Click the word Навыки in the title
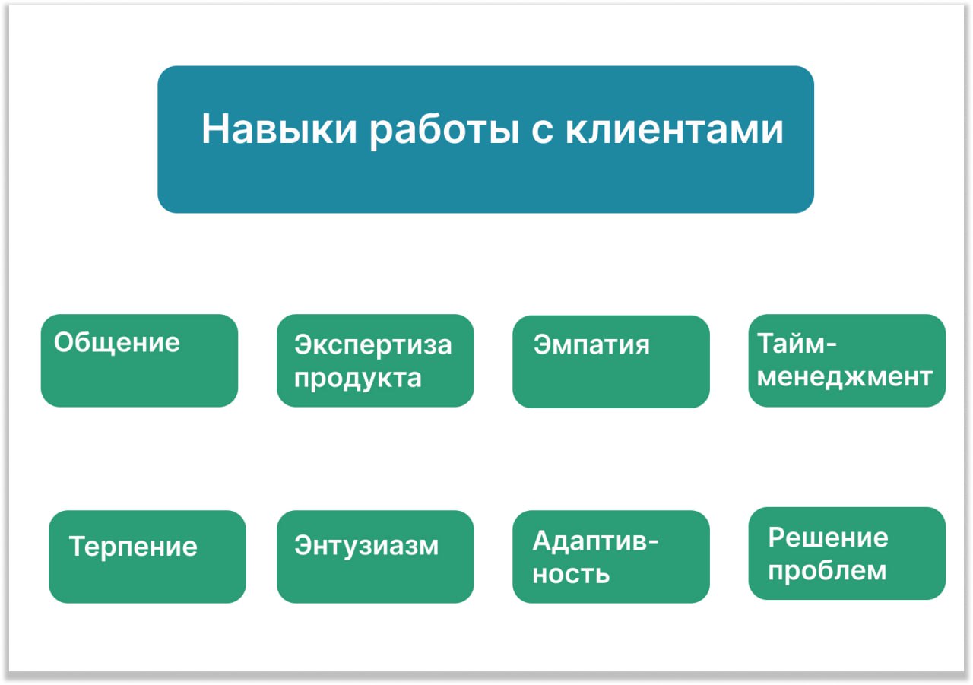279,128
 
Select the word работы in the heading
445,132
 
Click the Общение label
117,342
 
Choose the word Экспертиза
373,345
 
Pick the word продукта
358,379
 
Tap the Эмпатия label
591,345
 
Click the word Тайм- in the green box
797,344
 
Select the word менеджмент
845,376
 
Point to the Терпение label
133,547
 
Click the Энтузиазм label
366,546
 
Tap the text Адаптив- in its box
595,541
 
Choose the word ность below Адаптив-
571,574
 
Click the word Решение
829,538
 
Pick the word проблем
827,571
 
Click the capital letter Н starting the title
214,128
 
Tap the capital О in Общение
65,342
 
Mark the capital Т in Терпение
78,546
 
